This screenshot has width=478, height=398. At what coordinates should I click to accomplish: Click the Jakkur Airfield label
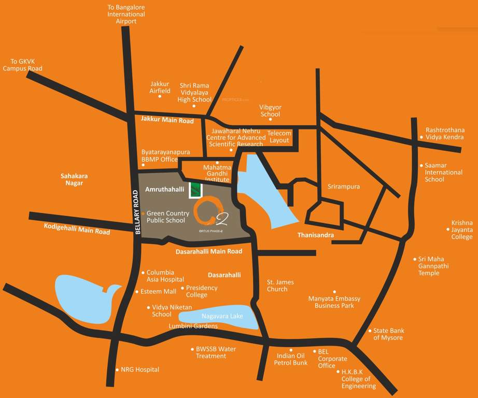click(160, 87)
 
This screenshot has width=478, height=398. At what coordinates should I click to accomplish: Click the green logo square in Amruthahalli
click(195, 190)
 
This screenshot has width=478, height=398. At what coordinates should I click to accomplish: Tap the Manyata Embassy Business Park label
click(334, 302)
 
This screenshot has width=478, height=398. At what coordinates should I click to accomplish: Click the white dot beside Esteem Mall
click(137, 292)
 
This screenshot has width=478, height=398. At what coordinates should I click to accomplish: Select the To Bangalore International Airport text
click(126, 15)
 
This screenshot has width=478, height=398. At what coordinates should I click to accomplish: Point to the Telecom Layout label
click(279, 137)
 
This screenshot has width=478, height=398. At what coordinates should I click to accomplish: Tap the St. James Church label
click(280, 286)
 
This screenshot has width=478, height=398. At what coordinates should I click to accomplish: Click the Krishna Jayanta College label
click(462, 230)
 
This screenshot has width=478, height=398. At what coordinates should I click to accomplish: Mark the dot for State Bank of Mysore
click(370, 331)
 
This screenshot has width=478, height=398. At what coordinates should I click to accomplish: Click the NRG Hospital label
click(140, 369)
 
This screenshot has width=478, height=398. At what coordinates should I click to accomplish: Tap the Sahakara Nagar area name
click(72, 179)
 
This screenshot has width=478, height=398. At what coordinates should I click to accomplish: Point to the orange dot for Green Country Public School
click(143, 213)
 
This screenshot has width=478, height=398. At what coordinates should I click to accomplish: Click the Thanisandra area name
click(315, 235)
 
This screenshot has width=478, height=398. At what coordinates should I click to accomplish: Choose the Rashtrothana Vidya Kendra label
click(445, 134)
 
